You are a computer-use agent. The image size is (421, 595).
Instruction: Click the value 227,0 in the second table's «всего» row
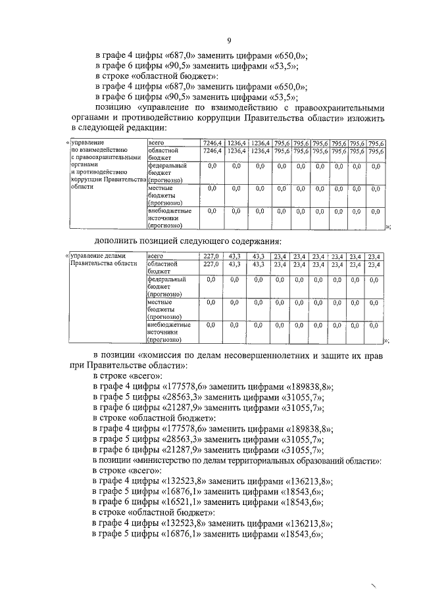[210, 256]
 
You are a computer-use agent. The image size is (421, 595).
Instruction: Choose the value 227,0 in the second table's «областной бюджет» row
[210, 264]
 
